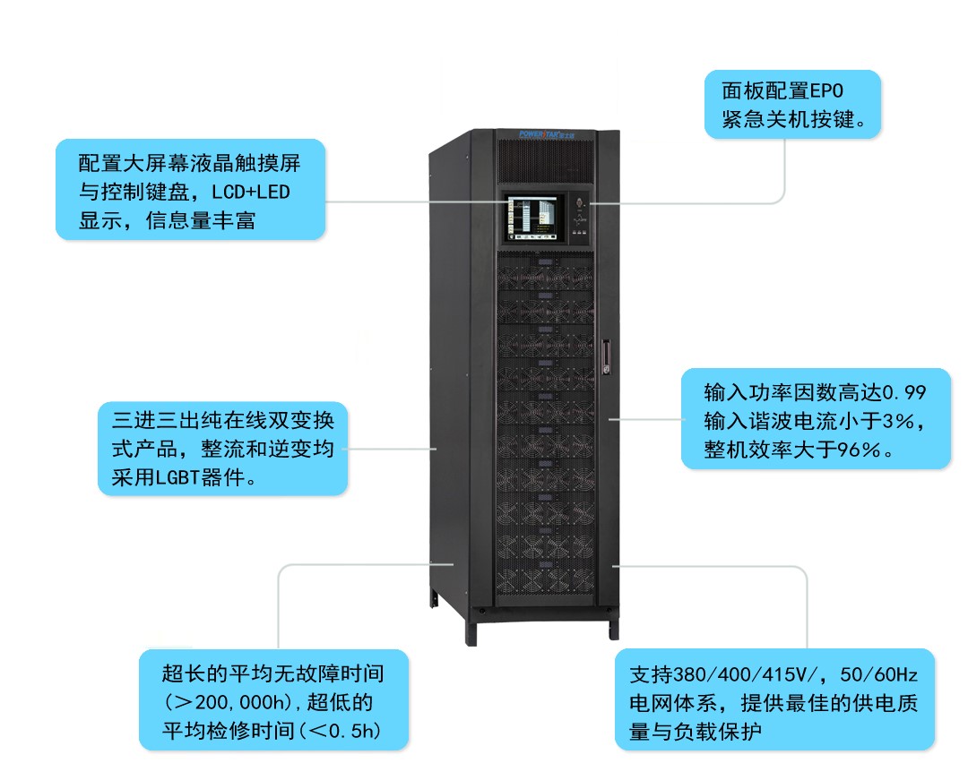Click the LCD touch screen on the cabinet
pyautogui.click(x=532, y=218)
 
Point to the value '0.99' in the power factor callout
pyautogui.click(x=904, y=392)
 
